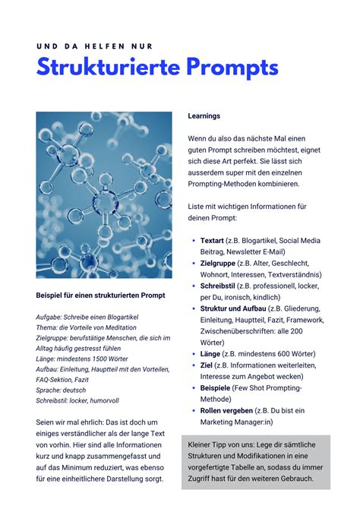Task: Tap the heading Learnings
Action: coord(204,116)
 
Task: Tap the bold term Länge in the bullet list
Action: coord(211,353)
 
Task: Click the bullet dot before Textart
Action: coord(194,241)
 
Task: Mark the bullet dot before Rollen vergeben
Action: coord(194,410)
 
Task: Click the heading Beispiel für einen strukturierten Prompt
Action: coord(100,295)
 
